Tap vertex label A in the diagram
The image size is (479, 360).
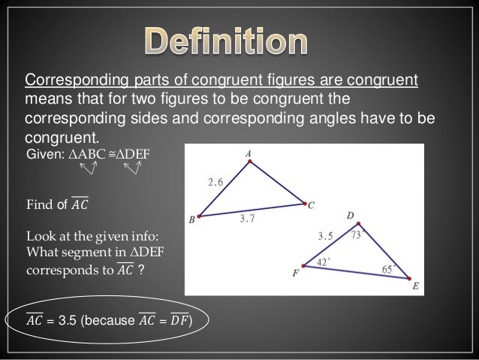(x=248, y=153)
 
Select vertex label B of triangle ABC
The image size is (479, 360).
(x=191, y=219)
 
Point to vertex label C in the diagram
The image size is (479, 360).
(x=312, y=204)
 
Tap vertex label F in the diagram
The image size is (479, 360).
(x=294, y=274)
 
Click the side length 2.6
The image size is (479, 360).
(x=215, y=181)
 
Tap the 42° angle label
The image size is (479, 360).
(x=322, y=262)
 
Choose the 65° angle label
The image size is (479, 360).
(x=387, y=268)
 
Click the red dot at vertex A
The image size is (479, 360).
(x=249, y=165)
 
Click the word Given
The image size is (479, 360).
(x=42, y=153)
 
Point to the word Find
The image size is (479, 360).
(x=38, y=203)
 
